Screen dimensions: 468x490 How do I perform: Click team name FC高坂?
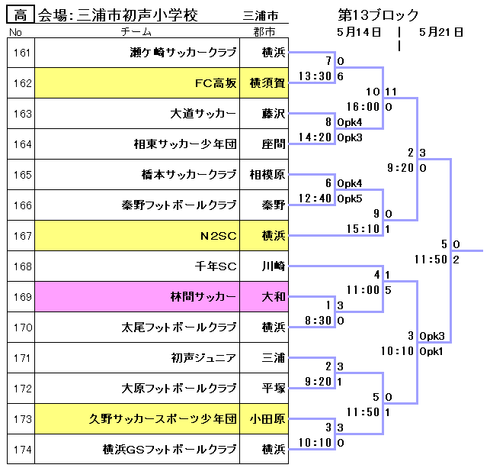pyautogui.click(x=216, y=83)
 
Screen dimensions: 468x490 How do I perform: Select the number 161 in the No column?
pyautogui.click(x=22, y=53)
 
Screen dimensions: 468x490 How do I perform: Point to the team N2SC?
pyautogui.click(x=219, y=235)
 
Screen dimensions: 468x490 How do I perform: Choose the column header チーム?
pyautogui.click(x=136, y=32)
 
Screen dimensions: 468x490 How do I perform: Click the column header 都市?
pyautogui.click(x=264, y=32)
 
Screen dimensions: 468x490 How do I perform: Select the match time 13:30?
pyautogui.click(x=315, y=76)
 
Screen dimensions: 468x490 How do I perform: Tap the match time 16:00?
pyautogui.click(x=363, y=107)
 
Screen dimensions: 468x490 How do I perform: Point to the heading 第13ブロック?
pyautogui.click(x=379, y=15)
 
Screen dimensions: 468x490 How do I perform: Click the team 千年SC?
pyautogui.click(x=216, y=266)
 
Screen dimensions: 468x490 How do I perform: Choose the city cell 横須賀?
pyautogui.click(x=267, y=83)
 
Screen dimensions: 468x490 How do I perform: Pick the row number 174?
pyautogui.click(x=22, y=449)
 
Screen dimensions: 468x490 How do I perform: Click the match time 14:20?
pyautogui.click(x=315, y=137)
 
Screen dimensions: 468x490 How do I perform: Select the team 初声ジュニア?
pyautogui.click(x=203, y=357)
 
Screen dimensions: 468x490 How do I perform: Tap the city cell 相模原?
pyautogui.click(x=267, y=174)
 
